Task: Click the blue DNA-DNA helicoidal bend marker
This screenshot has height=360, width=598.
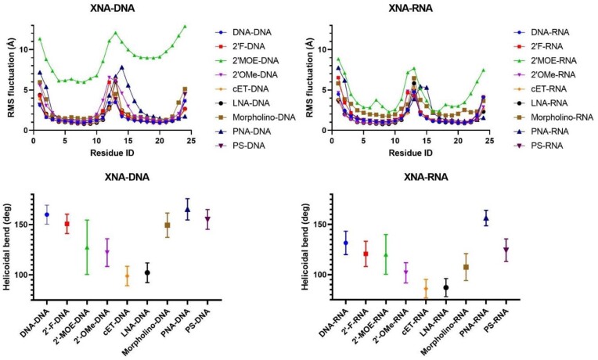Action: tap(47, 214)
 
